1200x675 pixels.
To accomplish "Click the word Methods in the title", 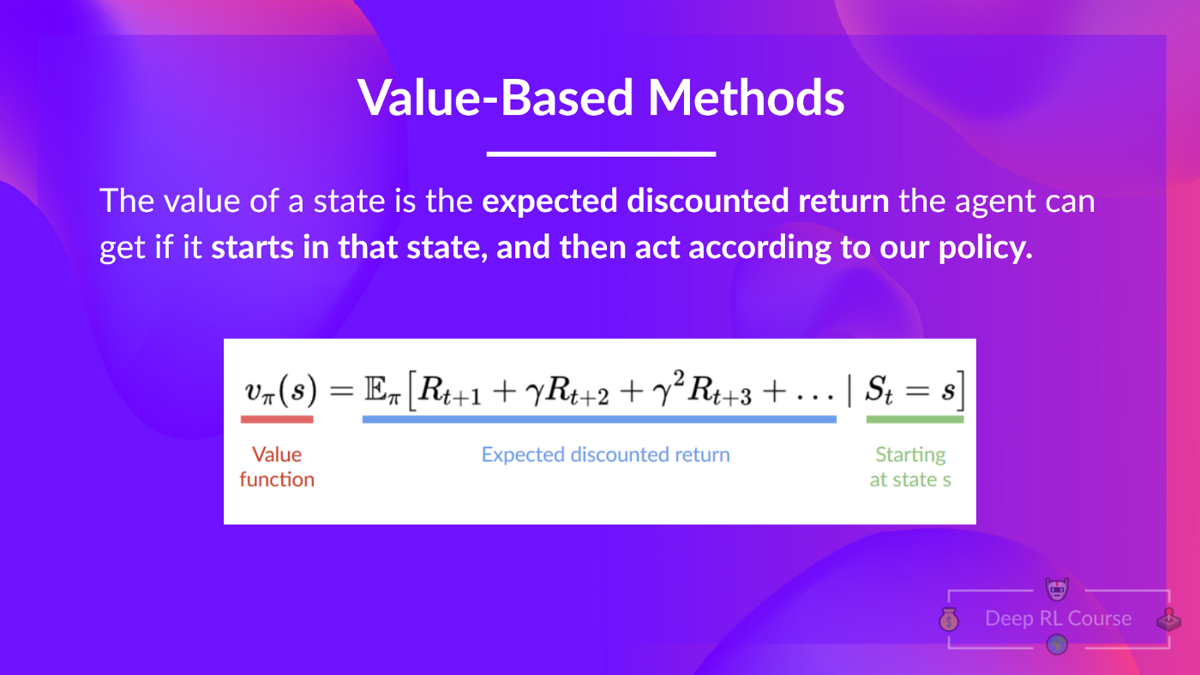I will click(746, 97).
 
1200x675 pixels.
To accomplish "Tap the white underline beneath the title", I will click(601, 154).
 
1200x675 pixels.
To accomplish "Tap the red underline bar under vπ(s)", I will click(277, 419).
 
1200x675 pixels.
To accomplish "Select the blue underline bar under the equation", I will click(599, 419).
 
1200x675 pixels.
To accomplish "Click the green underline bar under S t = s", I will click(915, 419).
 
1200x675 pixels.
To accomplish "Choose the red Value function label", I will click(277, 467).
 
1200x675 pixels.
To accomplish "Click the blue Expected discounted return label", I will click(605, 455).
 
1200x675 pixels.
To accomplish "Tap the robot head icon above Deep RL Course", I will click(1058, 588).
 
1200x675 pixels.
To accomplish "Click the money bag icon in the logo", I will click(949, 619).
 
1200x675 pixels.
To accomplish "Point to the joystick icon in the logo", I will click(1167, 619).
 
